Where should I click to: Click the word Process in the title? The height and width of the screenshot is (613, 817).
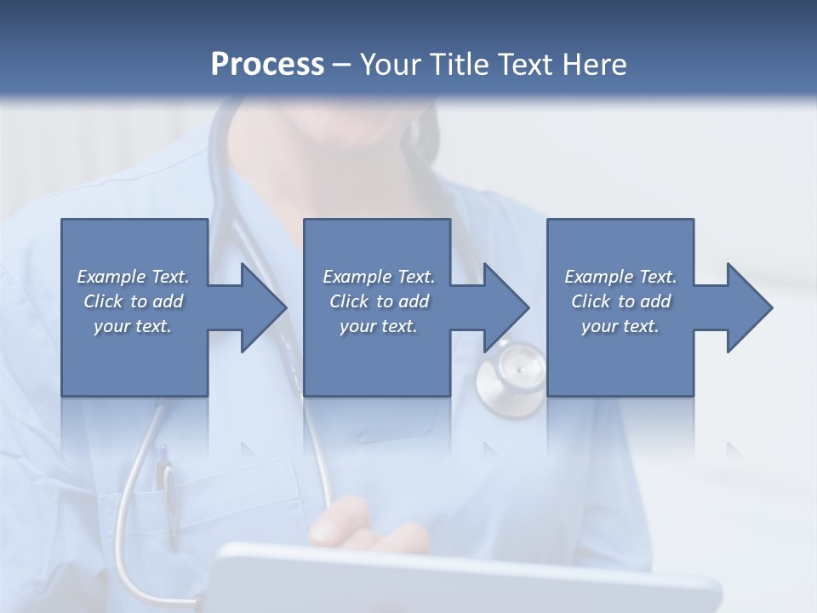pyautogui.click(x=267, y=65)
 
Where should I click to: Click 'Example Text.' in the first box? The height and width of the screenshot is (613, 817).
pyautogui.click(x=133, y=277)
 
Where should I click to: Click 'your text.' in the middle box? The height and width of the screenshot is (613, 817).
pyautogui.click(x=378, y=326)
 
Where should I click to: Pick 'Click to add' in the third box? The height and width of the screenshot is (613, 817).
pyautogui.click(x=620, y=301)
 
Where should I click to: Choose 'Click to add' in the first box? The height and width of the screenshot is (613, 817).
pyautogui.click(x=133, y=301)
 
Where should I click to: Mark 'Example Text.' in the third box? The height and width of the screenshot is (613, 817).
pyautogui.click(x=620, y=277)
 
